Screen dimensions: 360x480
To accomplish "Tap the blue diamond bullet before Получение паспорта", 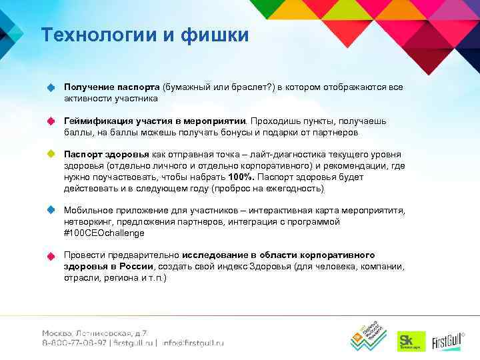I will [50, 88].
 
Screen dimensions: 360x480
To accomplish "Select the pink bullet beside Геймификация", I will [50, 121].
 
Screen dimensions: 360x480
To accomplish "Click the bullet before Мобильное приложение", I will [50, 210].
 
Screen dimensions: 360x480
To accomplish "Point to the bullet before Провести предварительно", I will [50, 256].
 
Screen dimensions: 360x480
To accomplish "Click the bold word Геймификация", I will [97, 121].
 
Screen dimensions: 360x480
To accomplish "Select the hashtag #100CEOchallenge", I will [104, 233].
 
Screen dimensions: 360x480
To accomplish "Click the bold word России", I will [139, 267].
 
